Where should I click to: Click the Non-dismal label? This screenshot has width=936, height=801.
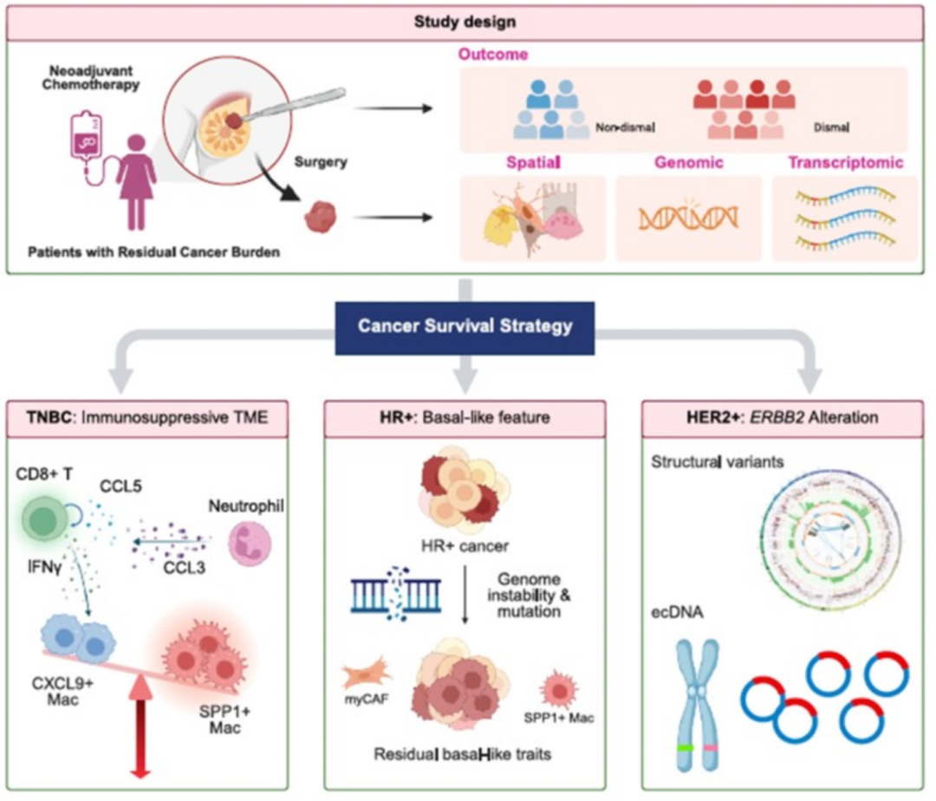pos(625,128)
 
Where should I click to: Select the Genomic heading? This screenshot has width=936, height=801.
pos(689,162)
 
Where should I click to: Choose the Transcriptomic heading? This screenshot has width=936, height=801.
pos(845,162)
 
